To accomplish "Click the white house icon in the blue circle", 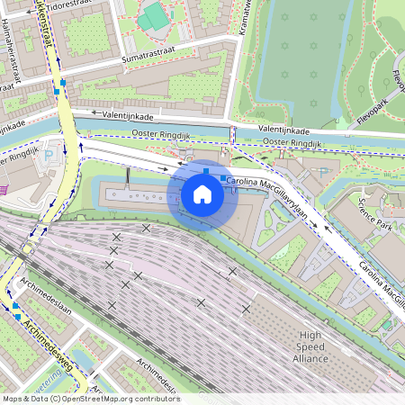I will point(202,193).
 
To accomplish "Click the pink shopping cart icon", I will point(3,189).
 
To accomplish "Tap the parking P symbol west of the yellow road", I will point(49,154).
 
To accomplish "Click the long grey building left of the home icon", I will point(135,196).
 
